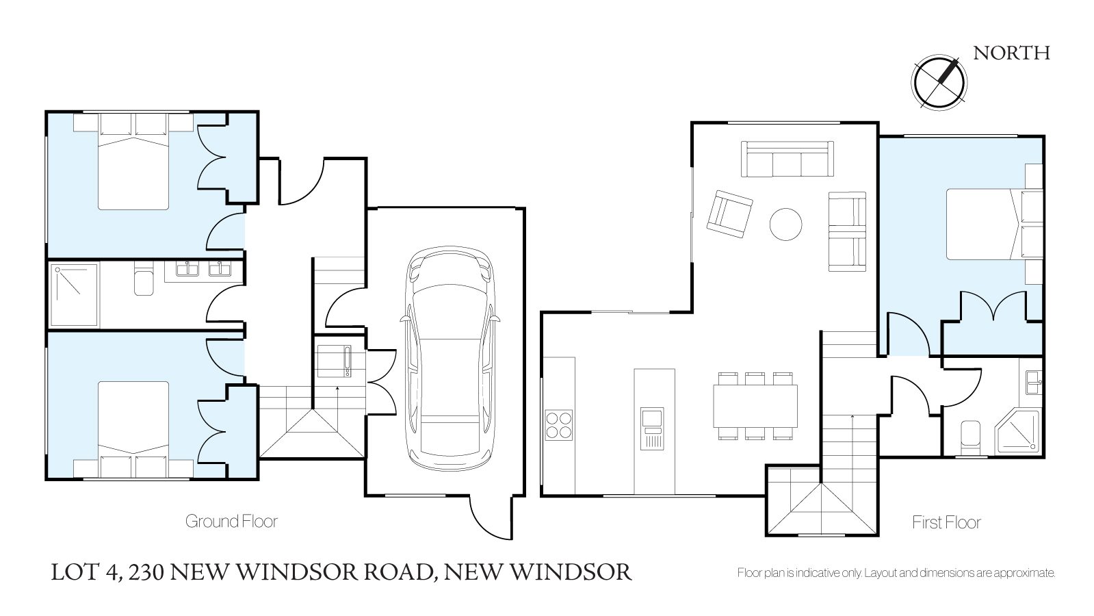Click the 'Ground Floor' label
[231, 522]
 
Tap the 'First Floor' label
[946, 522]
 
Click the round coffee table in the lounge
[786, 224]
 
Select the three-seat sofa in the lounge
[787, 159]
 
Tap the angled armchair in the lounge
[729, 214]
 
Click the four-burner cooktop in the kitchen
[559, 425]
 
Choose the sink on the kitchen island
[652, 428]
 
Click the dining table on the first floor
[755, 406]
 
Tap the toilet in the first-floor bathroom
[970, 437]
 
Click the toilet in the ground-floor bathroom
[144, 279]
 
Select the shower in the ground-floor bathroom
[75, 294]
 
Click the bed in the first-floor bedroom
[995, 224]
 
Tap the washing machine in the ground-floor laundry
[334, 361]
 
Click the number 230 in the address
[146, 572]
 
